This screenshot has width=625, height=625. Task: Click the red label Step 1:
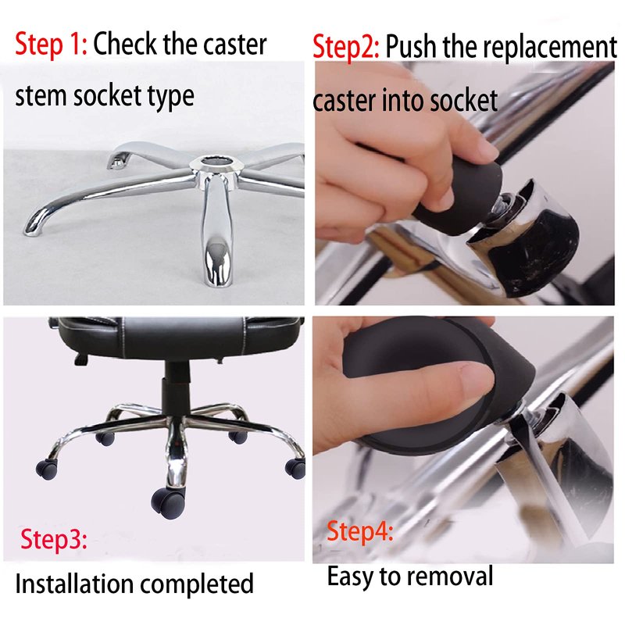coord(51,44)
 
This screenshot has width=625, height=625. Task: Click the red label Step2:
coord(346,47)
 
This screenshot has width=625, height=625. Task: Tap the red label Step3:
coord(54,539)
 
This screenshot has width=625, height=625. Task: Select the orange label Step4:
coord(360,531)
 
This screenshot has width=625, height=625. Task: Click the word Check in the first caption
coord(126,44)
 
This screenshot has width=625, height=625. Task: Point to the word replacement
coord(550,48)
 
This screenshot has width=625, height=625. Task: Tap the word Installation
coord(74,584)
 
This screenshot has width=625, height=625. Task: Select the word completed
coord(197,584)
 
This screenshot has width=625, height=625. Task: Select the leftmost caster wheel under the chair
coord(47,469)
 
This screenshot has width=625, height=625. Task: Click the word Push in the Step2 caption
coord(411,47)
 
